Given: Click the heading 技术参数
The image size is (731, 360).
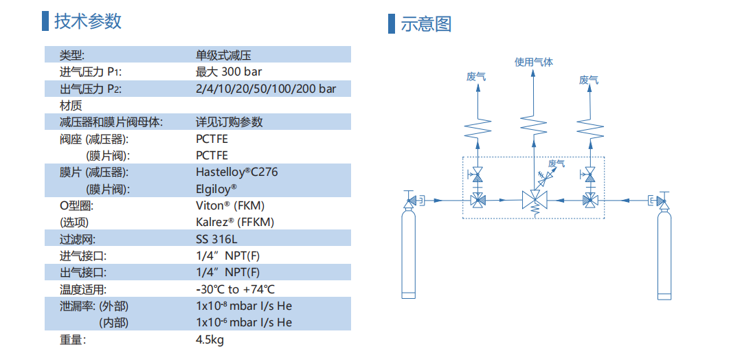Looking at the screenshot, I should (88, 21).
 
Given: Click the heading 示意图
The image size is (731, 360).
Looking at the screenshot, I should (426, 24).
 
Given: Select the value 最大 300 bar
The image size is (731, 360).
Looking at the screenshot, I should (228, 71).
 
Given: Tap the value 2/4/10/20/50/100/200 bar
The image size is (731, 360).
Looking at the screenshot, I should (266, 89).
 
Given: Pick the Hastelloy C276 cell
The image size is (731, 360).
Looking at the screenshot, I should (236, 172).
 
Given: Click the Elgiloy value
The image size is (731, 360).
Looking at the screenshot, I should (216, 188).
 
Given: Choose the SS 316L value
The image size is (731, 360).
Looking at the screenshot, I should (215, 239).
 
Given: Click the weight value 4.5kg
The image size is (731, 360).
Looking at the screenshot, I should (210, 339).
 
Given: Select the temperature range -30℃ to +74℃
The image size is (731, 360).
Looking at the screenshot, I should (235, 289).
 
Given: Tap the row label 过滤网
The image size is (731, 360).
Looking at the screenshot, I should (77, 239).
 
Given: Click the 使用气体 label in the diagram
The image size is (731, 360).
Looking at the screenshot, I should (534, 63).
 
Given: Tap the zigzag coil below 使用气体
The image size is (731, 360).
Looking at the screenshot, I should (534, 124).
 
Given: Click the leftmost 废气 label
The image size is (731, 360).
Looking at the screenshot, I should (476, 78).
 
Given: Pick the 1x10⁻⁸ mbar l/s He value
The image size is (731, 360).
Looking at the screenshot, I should (244, 306).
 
